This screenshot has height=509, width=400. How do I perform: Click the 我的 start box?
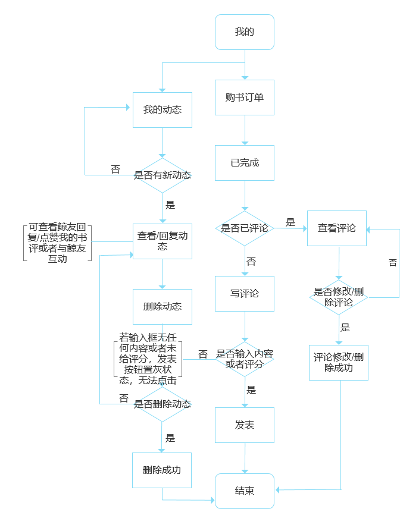(x=245, y=32)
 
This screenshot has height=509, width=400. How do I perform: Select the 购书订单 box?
(x=245, y=98)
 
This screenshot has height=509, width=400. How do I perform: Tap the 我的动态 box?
(x=162, y=110)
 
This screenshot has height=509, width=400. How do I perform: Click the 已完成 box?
(x=245, y=163)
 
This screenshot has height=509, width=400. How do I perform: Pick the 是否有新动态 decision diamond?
(x=162, y=175)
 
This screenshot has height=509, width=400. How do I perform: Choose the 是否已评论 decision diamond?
(x=245, y=228)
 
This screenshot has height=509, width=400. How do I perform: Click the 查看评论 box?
(x=337, y=228)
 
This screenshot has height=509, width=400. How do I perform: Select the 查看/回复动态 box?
(x=162, y=241)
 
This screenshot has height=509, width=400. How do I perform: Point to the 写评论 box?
(x=245, y=294)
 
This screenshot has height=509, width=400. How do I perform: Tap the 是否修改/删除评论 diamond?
(x=339, y=297)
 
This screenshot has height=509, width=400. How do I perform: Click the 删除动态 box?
(x=162, y=307)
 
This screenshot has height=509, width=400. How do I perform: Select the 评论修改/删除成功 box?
(x=339, y=363)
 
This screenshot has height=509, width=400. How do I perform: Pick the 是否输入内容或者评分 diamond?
(x=245, y=359)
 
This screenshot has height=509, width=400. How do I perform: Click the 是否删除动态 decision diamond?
(x=162, y=404)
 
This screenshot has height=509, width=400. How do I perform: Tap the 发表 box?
(x=245, y=425)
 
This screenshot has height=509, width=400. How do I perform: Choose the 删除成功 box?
(x=162, y=470)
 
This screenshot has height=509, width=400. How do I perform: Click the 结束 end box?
(x=245, y=491)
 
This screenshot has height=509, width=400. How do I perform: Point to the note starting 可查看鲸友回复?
(x=58, y=243)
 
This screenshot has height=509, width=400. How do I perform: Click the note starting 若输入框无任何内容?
(x=148, y=359)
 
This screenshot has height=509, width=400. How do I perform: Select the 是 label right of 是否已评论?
(x=290, y=222)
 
